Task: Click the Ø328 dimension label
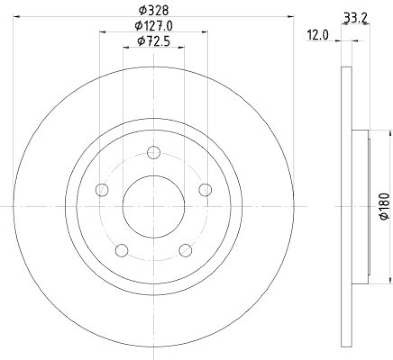(x=153, y=9)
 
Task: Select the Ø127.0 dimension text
(x=153, y=25)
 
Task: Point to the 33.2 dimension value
(x=356, y=19)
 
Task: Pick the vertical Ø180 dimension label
(x=385, y=207)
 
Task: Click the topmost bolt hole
(x=154, y=152)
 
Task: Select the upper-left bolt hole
(x=102, y=190)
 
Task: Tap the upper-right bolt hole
(x=205, y=190)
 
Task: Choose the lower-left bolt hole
(x=121, y=250)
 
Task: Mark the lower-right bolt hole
(x=186, y=250)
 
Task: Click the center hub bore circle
(x=154, y=207)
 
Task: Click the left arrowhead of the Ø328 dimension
(x=15, y=17)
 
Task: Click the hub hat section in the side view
(x=361, y=207)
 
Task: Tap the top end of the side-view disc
(x=346, y=68)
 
